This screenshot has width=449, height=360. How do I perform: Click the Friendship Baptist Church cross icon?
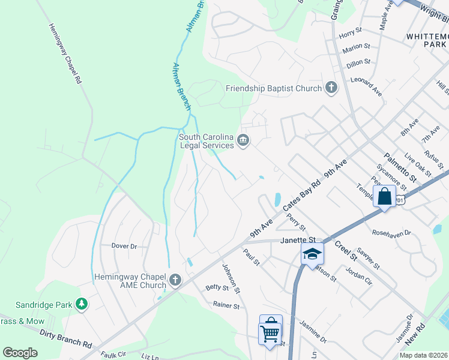point(330,88)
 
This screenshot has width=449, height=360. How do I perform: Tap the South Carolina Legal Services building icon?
point(244,140)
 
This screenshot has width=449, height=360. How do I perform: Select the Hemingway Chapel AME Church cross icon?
point(175,280)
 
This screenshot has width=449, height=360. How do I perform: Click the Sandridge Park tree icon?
point(81,305)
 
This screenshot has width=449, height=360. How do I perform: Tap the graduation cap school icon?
point(312,254)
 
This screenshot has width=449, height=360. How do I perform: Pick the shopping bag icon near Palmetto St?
point(384,196)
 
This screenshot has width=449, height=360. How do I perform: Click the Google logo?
point(20,353)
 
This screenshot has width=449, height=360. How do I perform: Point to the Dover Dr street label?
point(124,246)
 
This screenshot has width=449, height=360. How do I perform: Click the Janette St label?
point(297,241)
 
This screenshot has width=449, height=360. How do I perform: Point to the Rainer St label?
point(226,305)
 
